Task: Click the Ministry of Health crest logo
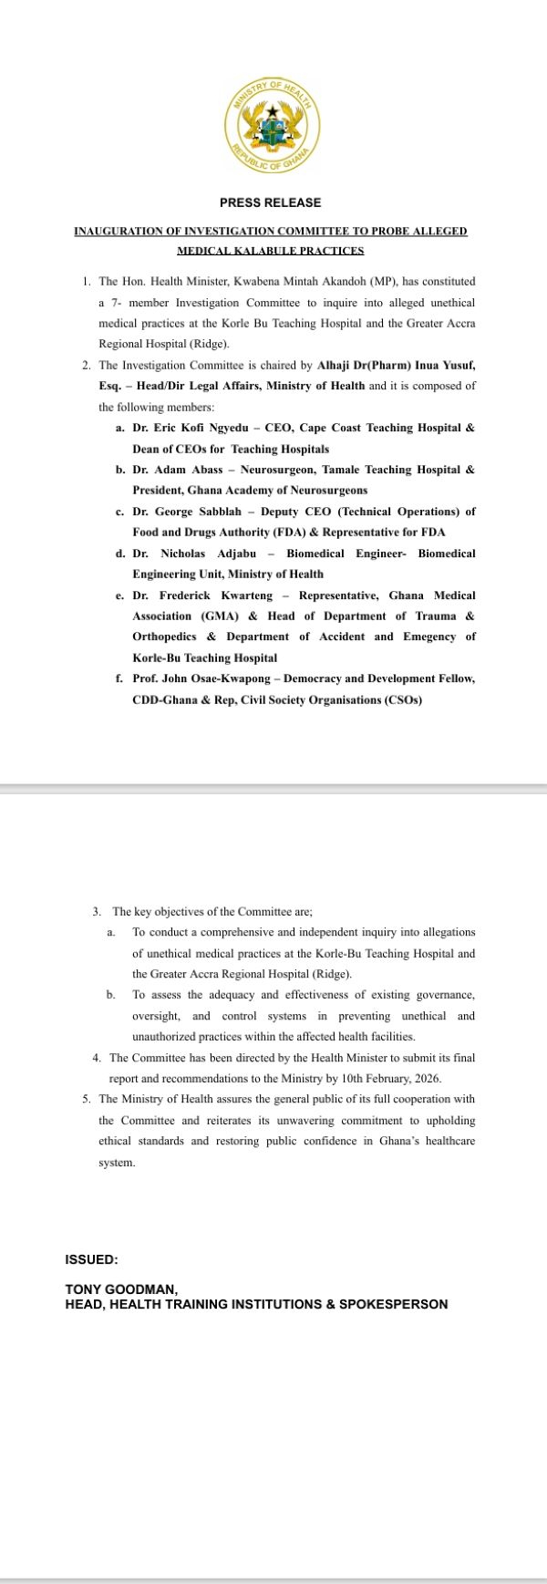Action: click(x=271, y=129)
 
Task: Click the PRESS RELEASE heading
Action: click(x=270, y=202)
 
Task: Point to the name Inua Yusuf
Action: click(x=445, y=365)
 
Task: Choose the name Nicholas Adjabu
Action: click(x=213, y=554)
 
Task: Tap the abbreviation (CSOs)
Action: click(x=397, y=700)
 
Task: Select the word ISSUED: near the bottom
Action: click(x=91, y=1259)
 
